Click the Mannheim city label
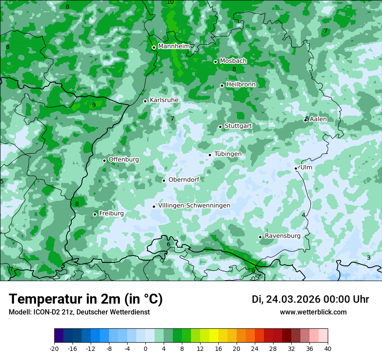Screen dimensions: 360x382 [174, 46]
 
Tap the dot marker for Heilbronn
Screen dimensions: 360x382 [222, 85]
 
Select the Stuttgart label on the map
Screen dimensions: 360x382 [238, 126]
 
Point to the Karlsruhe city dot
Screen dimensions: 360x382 [145, 101]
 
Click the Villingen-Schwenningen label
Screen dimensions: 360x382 [194, 206]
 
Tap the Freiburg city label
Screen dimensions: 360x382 [111, 213]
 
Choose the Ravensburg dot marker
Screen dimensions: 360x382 [260, 237]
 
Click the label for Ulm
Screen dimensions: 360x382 [306, 167]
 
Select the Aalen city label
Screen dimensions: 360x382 [318, 119]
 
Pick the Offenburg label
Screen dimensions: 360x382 [123, 160]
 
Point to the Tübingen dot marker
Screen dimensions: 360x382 [210, 155]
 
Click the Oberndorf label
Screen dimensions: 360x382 [184, 180]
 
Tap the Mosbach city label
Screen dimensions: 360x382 [233, 61]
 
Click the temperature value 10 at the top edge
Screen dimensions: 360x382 [170, 2]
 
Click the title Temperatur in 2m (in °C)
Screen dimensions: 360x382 [86, 299]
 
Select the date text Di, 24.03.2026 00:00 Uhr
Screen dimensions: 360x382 [310, 299]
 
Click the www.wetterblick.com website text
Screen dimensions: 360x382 [313, 312]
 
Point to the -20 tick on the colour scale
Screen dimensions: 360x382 [54, 349]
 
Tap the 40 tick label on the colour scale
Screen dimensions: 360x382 [327, 349]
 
